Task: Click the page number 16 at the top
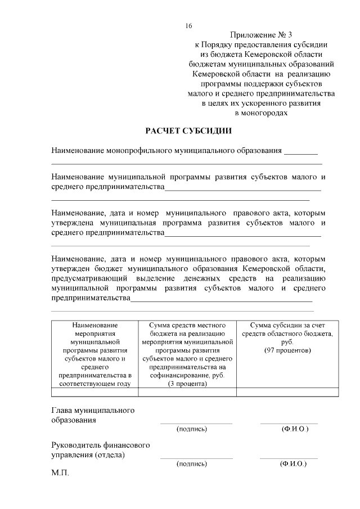[x=188, y=26]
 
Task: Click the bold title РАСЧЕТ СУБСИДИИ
[x=188, y=130]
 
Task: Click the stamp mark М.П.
[x=60, y=474]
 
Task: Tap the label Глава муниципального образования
[x=93, y=415]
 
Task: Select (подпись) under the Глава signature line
[x=192, y=429]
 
